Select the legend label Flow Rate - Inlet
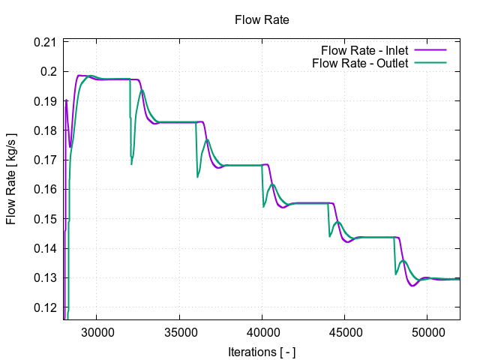click(x=364, y=51)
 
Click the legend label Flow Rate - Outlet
click(x=360, y=63)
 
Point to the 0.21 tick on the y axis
click(x=46, y=42)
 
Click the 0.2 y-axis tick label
click(x=49, y=72)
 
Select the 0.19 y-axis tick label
click(x=46, y=101)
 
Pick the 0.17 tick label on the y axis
click(x=46, y=160)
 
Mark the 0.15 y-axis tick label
click(x=46, y=219)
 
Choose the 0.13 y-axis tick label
click(x=46, y=278)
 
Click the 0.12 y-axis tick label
click(x=46, y=307)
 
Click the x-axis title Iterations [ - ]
click(x=262, y=350)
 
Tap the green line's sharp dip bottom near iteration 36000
click(x=198, y=177)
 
